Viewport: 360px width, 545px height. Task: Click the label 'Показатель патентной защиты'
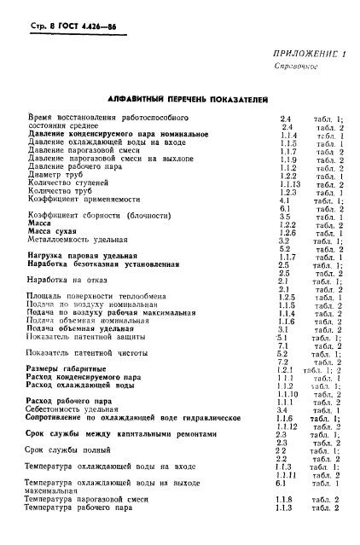point(97,337)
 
